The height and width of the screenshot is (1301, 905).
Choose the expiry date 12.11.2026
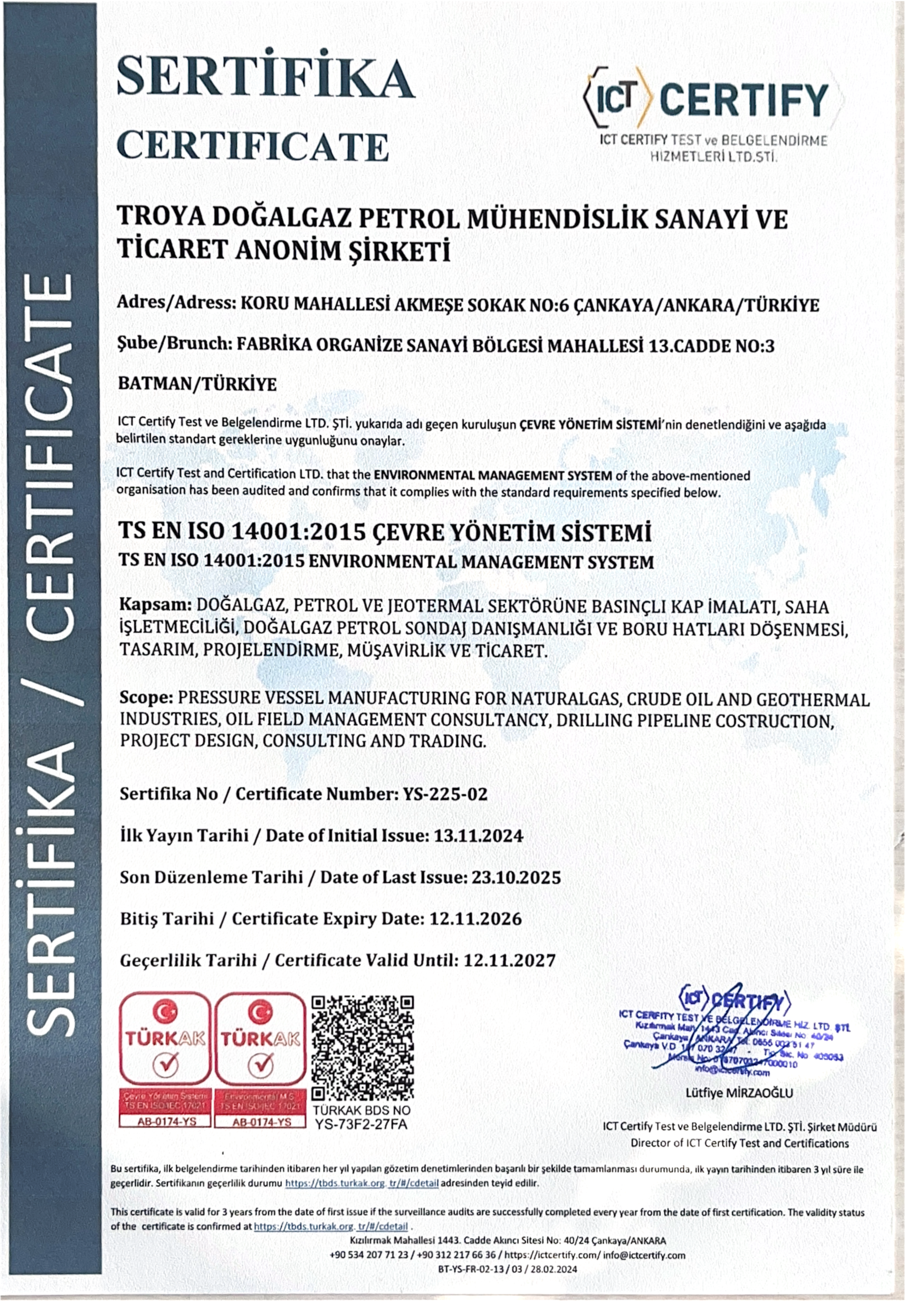point(476,918)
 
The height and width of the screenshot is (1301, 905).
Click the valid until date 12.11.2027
point(509,960)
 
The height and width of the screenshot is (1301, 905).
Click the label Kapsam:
point(154,606)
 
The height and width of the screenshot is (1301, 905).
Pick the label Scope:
point(146,699)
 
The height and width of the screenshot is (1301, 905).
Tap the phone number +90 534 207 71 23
point(369,1255)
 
